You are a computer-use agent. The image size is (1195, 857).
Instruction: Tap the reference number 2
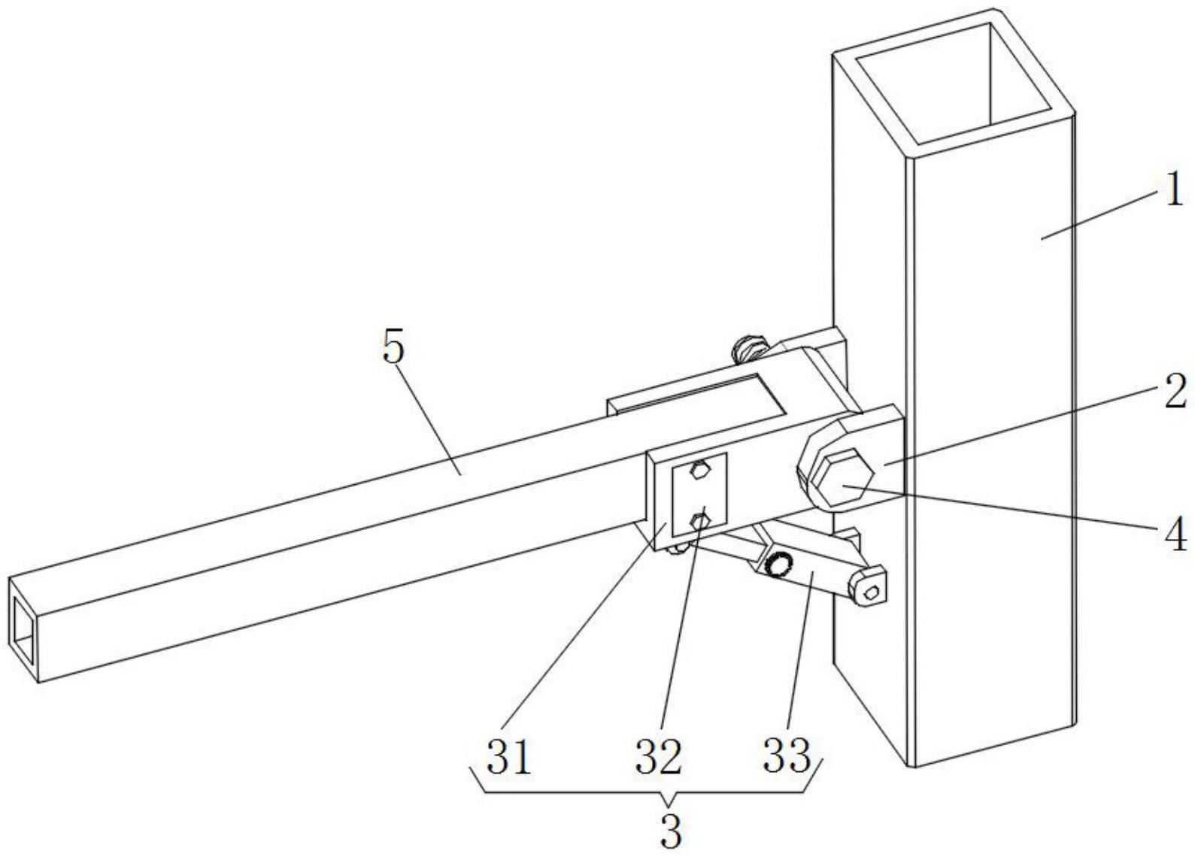1175,393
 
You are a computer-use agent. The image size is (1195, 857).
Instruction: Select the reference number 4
1176,533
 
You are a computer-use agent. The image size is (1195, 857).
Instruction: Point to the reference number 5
394,349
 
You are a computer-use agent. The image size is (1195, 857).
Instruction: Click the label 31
509,757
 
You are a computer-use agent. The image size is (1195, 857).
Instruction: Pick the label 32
658,757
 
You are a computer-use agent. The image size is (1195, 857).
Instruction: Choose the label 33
787,757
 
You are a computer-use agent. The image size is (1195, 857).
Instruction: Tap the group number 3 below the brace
671,832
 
